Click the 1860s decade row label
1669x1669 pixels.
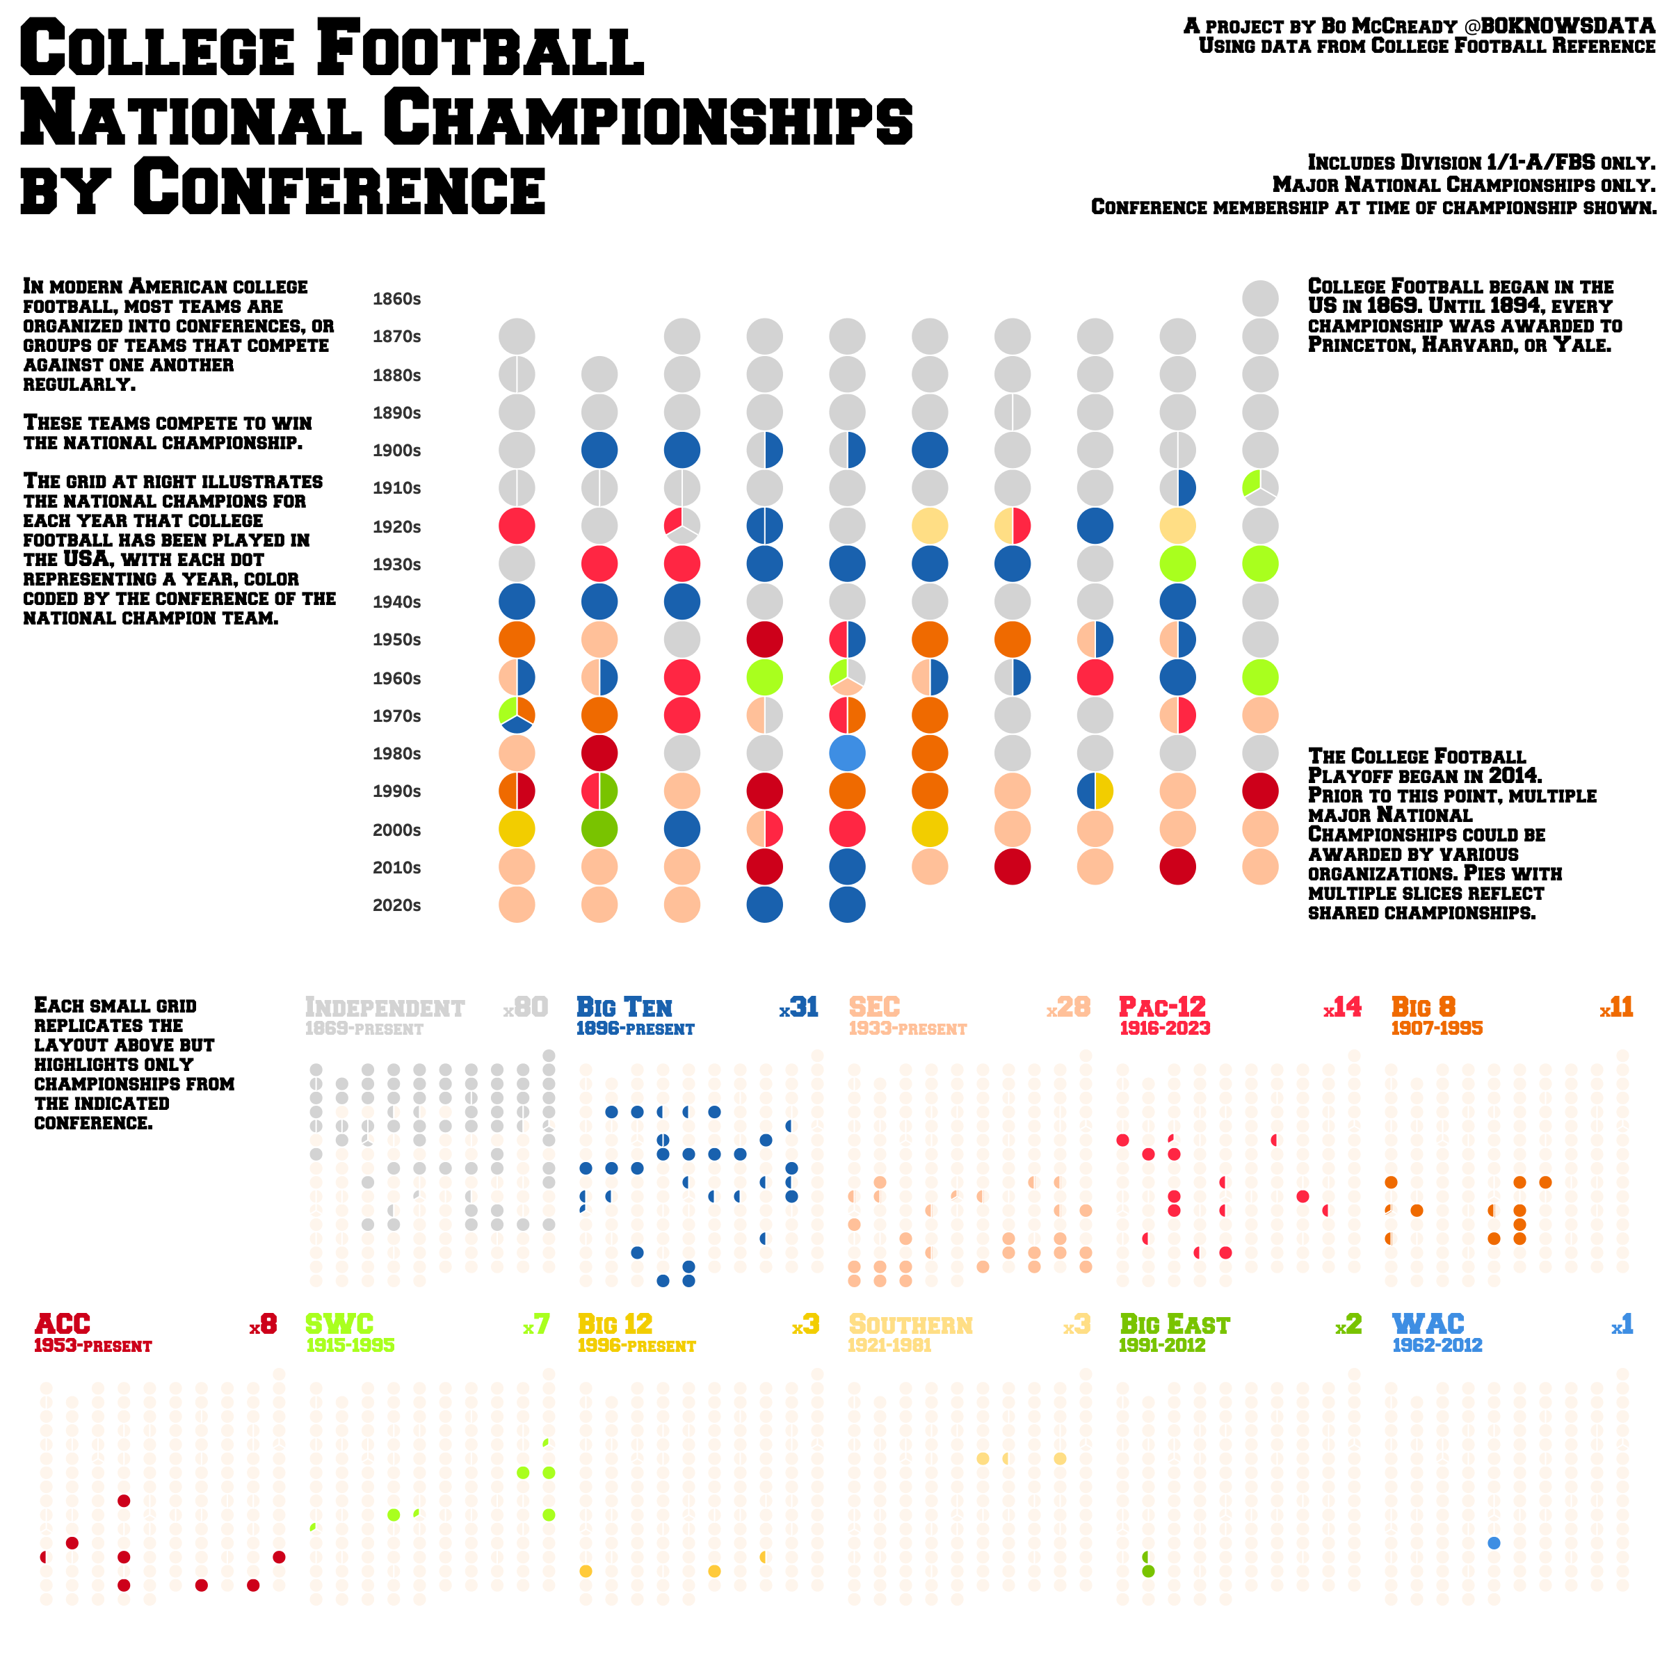click(x=396, y=300)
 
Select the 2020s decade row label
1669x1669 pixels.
click(x=396, y=905)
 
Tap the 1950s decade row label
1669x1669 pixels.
click(x=396, y=640)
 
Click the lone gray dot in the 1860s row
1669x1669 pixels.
click(x=1260, y=298)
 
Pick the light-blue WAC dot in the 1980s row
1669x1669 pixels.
click(x=846, y=754)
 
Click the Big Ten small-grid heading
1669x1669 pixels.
click(x=624, y=1007)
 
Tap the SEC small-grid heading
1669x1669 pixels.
click(x=874, y=1007)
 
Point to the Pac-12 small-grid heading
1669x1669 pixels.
click(x=1162, y=1007)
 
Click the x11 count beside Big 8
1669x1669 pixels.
click(x=1615, y=1007)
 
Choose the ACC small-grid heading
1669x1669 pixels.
click(x=62, y=1324)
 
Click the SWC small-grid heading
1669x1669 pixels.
click(x=339, y=1324)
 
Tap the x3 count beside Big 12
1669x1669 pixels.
click(x=805, y=1324)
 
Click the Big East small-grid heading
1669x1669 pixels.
click(x=1174, y=1324)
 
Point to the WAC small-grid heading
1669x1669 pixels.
click(x=1428, y=1324)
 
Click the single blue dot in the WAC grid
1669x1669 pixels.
click(x=1494, y=1543)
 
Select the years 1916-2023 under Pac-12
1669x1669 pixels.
click(x=1165, y=1029)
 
